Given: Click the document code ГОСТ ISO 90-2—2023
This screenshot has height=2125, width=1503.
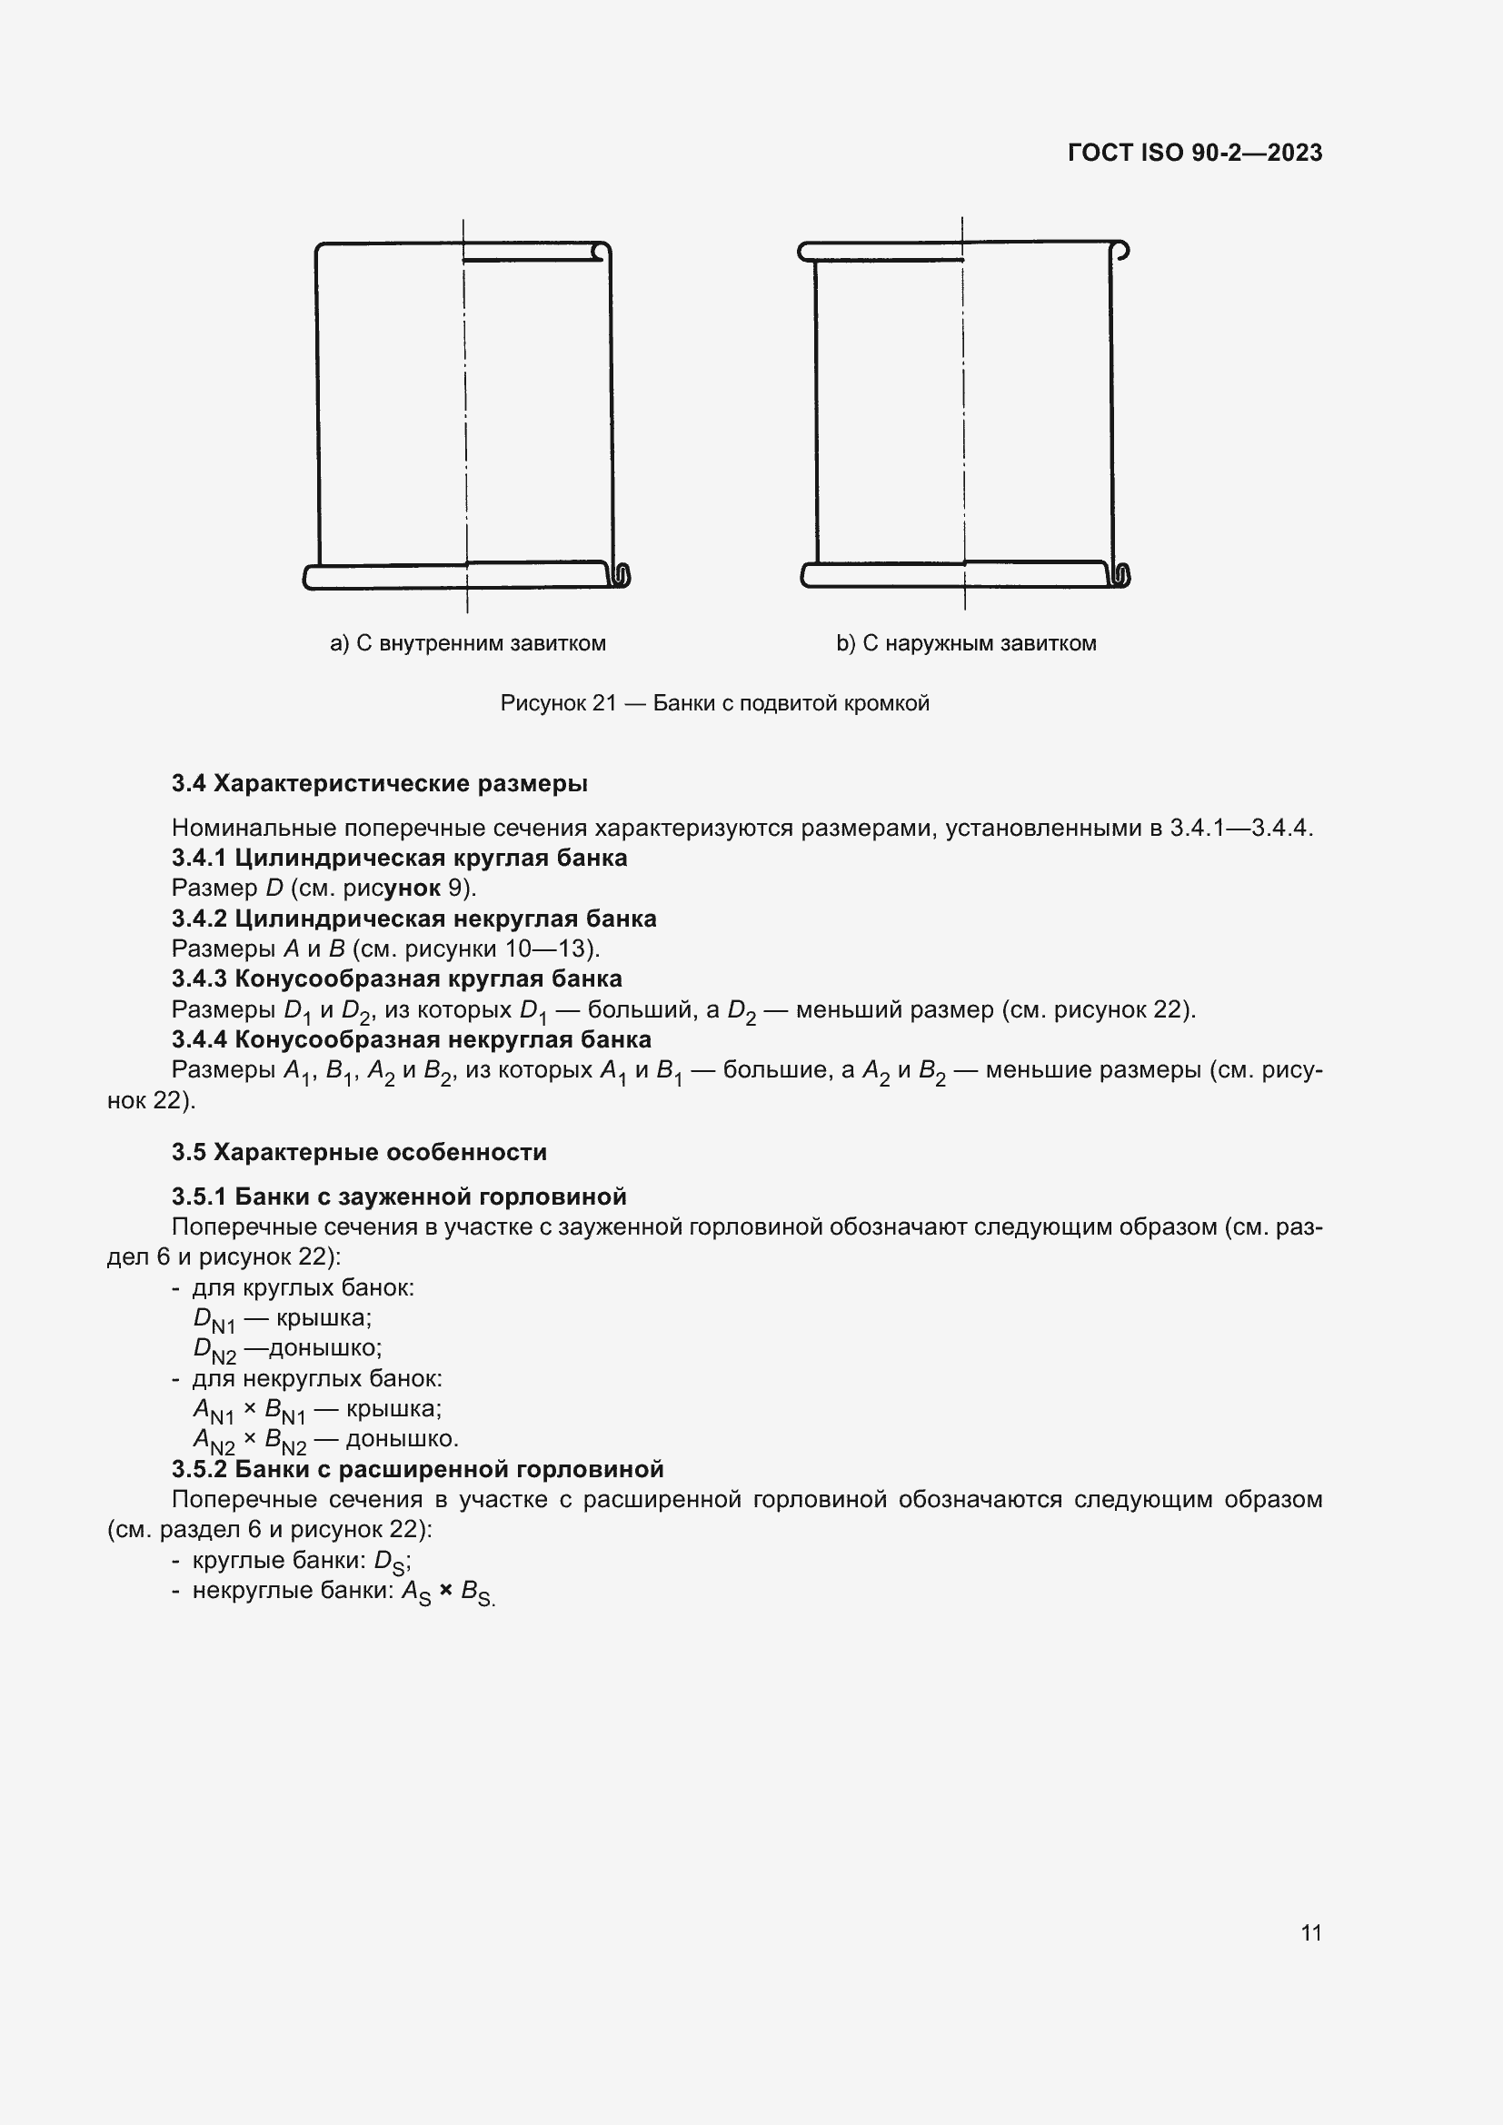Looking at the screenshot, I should (x=1194, y=153).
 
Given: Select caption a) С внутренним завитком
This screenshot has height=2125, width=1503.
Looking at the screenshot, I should (x=467, y=643).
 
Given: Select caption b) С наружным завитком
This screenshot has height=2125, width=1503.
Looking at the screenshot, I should (x=965, y=643).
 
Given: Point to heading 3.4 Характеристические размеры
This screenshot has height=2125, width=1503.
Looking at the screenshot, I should (x=380, y=784).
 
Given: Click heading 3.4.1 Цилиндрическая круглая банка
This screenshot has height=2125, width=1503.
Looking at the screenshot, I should (x=399, y=858).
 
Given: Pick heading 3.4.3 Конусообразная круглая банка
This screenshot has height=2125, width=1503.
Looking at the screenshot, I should (x=396, y=979).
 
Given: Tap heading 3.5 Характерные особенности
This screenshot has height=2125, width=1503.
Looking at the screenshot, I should (x=359, y=1152).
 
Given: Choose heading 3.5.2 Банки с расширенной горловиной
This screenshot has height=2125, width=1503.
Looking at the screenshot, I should (x=417, y=1470).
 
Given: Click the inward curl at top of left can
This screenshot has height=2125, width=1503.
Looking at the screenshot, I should (x=601, y=252).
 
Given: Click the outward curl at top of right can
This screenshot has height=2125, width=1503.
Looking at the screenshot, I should (x=1120, y=250).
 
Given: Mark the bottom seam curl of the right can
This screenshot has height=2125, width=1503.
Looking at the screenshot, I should (x=1121, y=576).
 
